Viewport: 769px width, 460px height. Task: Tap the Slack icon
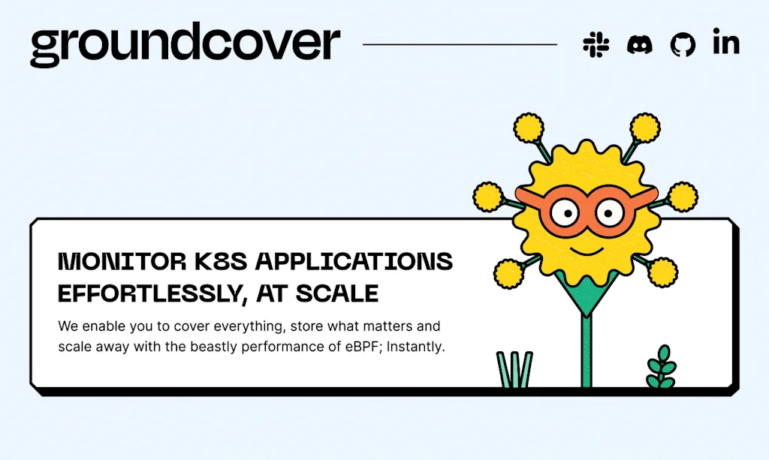596,44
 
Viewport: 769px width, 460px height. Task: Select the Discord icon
640,44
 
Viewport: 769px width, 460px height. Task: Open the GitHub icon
683,45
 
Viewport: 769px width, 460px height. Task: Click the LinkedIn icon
726,44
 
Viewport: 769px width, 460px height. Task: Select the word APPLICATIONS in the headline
354,262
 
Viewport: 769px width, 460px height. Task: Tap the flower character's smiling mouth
585,247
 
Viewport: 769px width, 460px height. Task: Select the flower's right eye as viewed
610,212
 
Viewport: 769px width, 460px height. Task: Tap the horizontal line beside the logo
460,44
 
